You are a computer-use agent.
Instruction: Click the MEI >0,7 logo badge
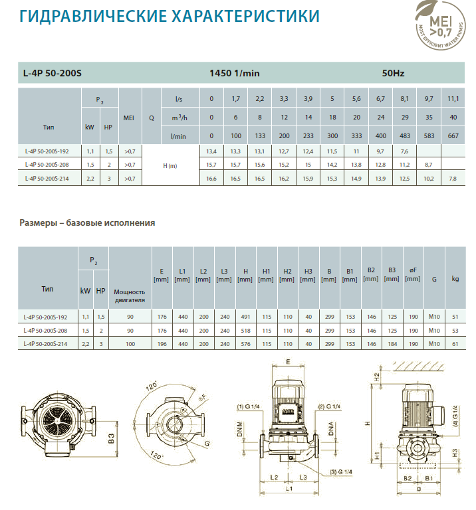pos(440,25)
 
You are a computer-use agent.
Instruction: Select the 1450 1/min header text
pos(235,73)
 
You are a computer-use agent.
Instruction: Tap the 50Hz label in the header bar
pos(393,73)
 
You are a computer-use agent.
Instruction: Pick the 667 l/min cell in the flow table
pos(453,136)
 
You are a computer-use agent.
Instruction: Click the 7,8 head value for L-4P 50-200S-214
pos(453,179)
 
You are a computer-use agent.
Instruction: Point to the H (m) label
pos(170,166)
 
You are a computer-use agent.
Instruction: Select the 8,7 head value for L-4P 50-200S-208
pos(428,165)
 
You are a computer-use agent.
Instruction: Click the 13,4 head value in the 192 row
pos(211,151)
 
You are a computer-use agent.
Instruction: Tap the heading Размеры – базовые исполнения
pos(87,223)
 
